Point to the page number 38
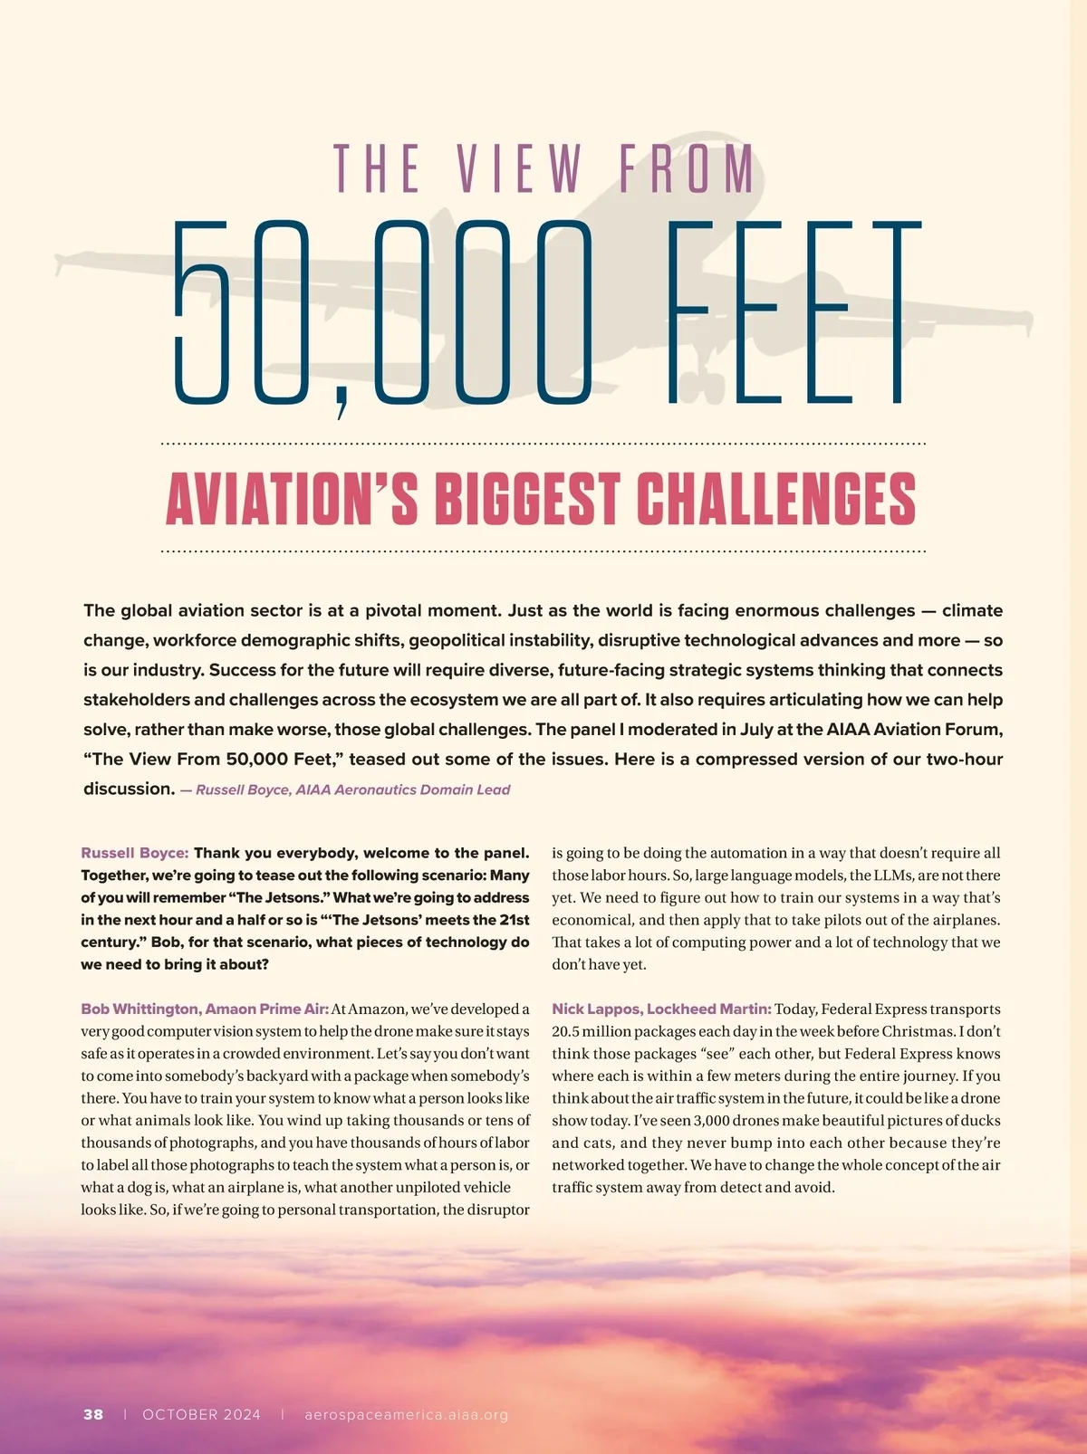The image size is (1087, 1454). tap(93, 1414)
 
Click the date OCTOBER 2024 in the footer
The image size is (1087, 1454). tap(201, 1414)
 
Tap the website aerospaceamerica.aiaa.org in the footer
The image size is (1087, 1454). tap(406, 1414)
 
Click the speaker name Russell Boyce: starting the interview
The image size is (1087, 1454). tap(135, 853)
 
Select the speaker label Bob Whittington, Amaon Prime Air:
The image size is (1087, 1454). tap(205, 1009)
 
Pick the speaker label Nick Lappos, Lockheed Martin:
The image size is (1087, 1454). tap(661, 1009)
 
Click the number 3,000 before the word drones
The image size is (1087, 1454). tap(711, 1121)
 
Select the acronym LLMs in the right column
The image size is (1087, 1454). tap(871, 875)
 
